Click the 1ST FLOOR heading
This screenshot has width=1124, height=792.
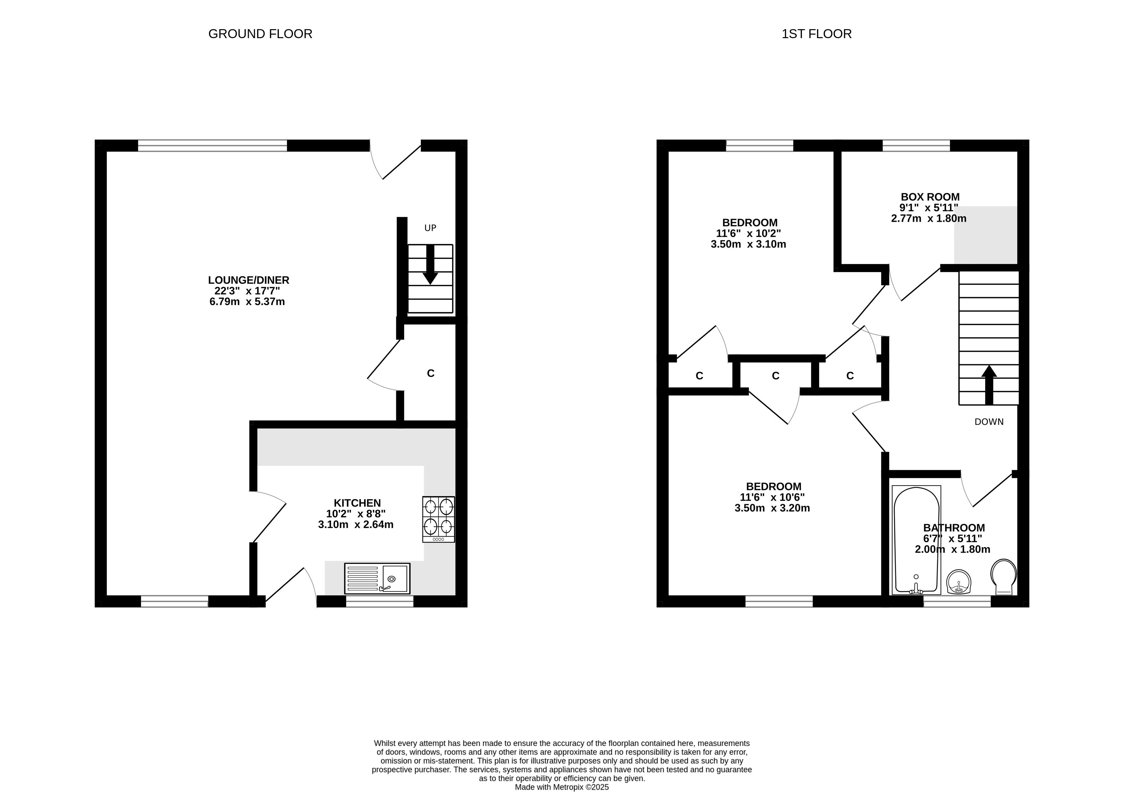(817, 34)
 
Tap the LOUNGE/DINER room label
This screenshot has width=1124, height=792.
(249, 280)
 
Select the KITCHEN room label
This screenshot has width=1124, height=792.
(357, 503)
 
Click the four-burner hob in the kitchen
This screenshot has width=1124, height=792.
(439, 519)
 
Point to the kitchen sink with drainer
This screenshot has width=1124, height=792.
(377, 579)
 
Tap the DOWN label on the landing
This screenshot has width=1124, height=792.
(989, 422)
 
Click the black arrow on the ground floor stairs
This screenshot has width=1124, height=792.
(430, 264)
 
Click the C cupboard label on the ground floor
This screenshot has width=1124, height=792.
(431, 373)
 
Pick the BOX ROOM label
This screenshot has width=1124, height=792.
(930, 197)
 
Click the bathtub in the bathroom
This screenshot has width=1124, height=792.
(916, 540)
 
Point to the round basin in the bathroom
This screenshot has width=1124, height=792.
(959, 582)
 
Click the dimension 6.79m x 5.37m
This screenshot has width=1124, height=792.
(247, 302)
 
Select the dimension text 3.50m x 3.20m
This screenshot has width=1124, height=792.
(772, 508)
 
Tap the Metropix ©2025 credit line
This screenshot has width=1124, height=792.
(562, 788)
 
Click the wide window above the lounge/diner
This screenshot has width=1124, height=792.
(212, 146)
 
